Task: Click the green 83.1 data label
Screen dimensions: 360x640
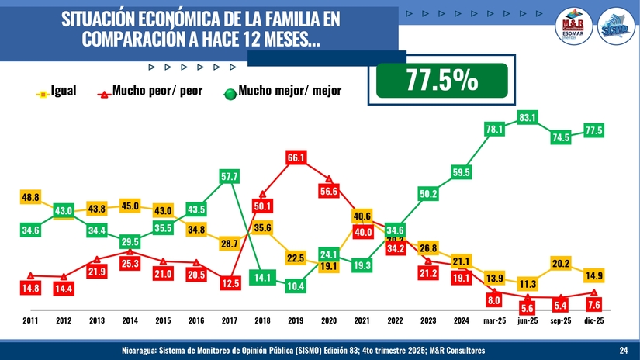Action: (528, 117)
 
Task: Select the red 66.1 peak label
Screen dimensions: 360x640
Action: (296, 157)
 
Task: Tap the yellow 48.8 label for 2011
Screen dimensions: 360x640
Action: (30, 197)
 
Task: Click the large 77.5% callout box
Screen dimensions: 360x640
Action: (441, 81)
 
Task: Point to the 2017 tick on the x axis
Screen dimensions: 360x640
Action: (229, 320)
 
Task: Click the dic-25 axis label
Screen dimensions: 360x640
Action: (594, 320)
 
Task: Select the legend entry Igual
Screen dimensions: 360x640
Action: (62, 92)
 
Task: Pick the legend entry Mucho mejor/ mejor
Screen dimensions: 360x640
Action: (289, 92)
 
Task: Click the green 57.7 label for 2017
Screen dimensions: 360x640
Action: (230, 177)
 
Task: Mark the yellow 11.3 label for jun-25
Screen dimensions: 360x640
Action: (528, 284)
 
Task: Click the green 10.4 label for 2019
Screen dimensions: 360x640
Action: (296, 286)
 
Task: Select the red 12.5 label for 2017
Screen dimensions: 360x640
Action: (230, 284)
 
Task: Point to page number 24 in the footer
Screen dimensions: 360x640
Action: (624, 351)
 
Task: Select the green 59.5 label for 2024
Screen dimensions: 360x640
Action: (462, 171)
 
